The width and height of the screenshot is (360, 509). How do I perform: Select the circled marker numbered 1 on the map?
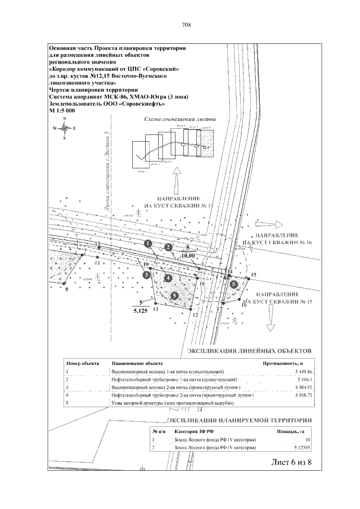[147, 244]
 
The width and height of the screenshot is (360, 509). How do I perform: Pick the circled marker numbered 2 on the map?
[168, 247]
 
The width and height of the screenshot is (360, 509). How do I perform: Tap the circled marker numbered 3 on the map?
[146, 274]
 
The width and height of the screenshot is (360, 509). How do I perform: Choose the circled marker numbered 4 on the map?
[166, 278]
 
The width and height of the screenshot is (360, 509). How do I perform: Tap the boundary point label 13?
[155, 309]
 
